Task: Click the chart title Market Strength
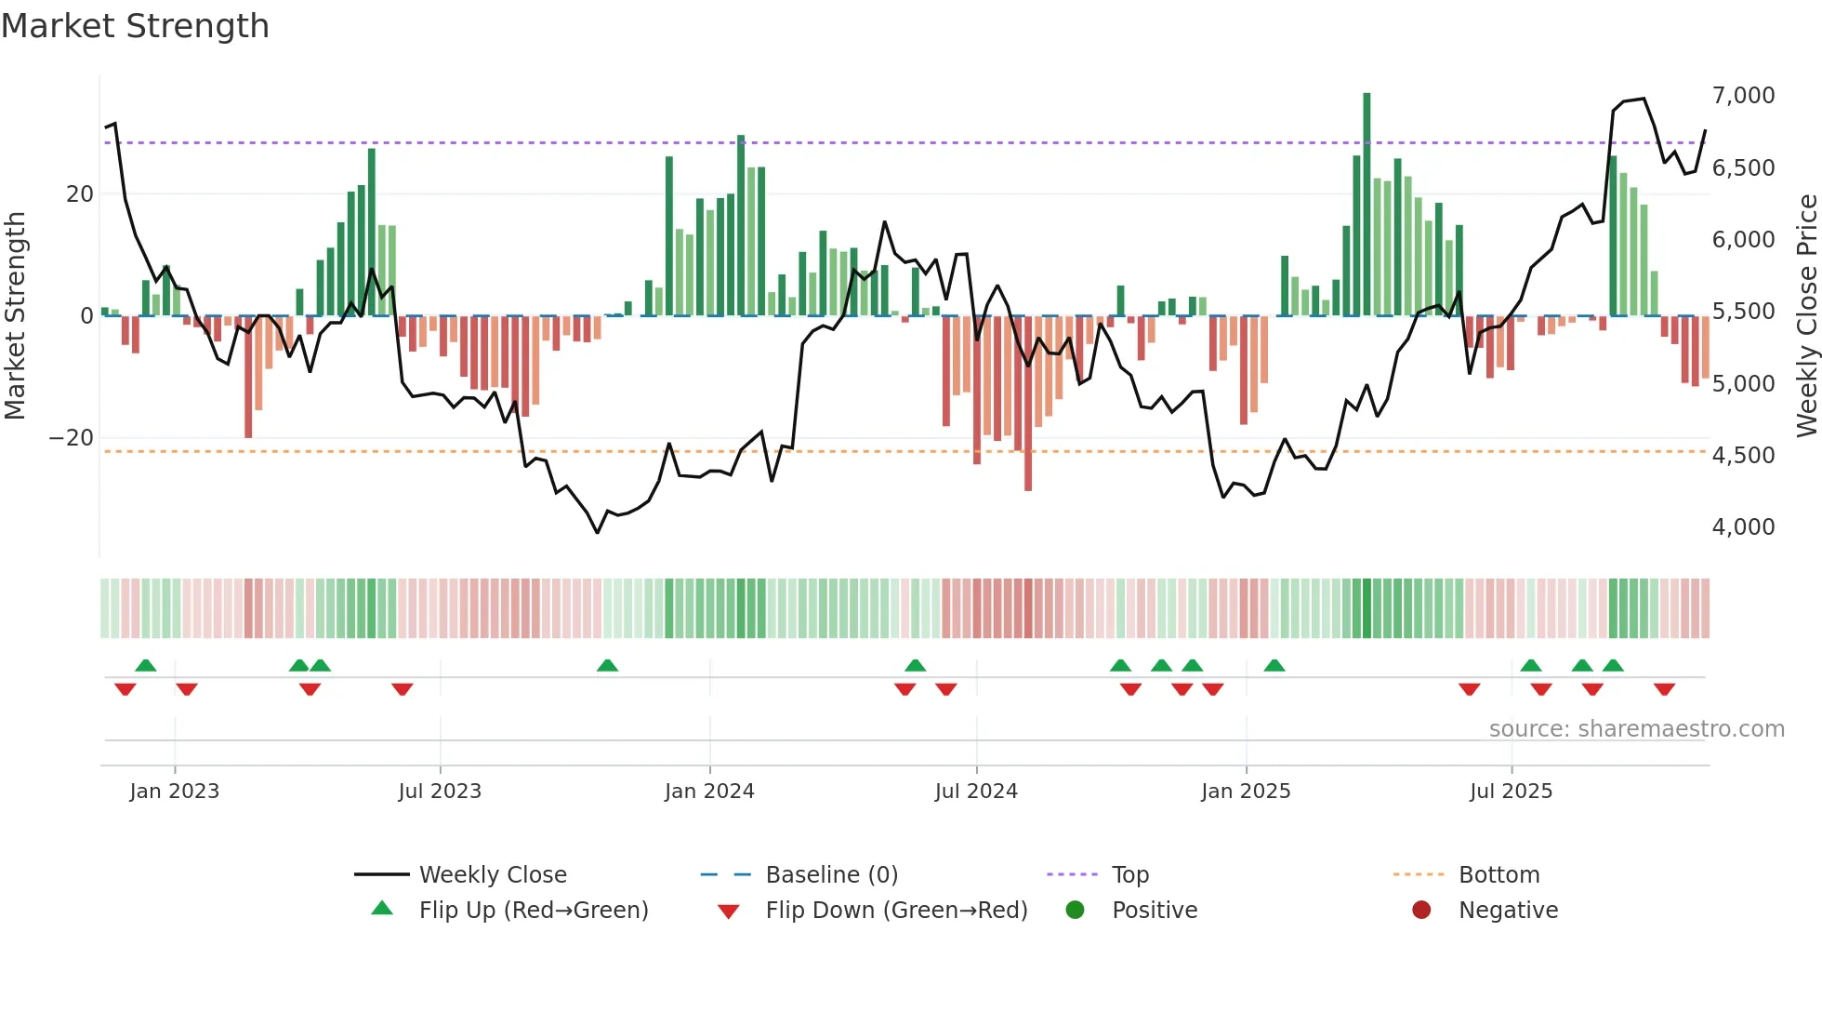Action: [x=135, y=26]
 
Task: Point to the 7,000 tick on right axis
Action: [x=1743, y=96]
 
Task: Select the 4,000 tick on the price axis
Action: [x=1743, y=527]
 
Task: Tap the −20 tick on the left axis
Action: [x=72, y=438]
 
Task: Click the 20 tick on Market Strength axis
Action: [x=80, y=194]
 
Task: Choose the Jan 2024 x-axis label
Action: [x=709, y=792]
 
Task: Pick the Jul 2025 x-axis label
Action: [x=1511, y=792]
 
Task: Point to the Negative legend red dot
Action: [x=1421, y=911]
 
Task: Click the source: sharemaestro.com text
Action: [x=1636, y=729]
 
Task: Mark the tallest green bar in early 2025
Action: [x=1366, y=205]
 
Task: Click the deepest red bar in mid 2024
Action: [x=1027, y=405]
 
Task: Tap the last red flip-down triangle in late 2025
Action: [x=1664, y=689]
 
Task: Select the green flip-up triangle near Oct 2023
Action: [x=607, y=665]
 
